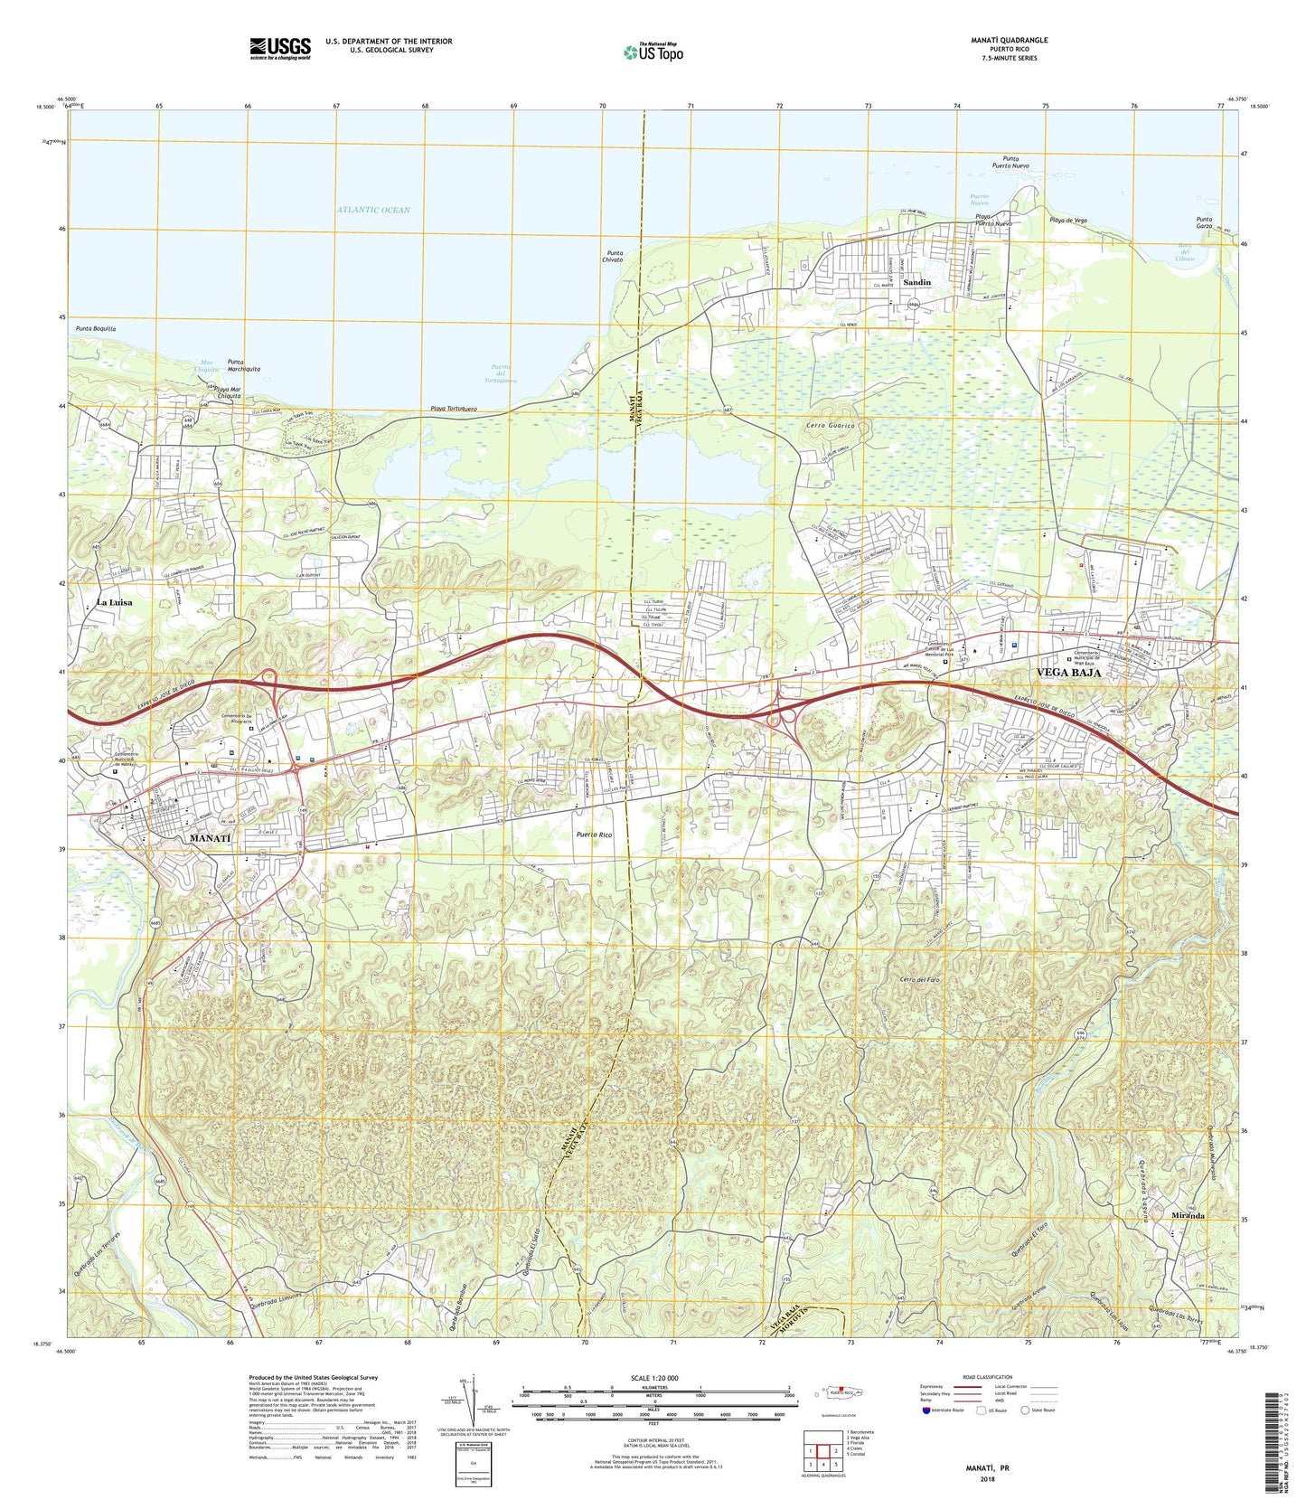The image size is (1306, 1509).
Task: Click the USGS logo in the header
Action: tap(280, 47)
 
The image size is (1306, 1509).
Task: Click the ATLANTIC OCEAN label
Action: tap(372, 210)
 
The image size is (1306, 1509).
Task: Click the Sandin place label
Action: tap(917, 282)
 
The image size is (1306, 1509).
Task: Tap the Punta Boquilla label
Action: tap(97, 329)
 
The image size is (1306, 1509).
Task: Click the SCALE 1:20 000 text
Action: tap(652, 1378)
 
